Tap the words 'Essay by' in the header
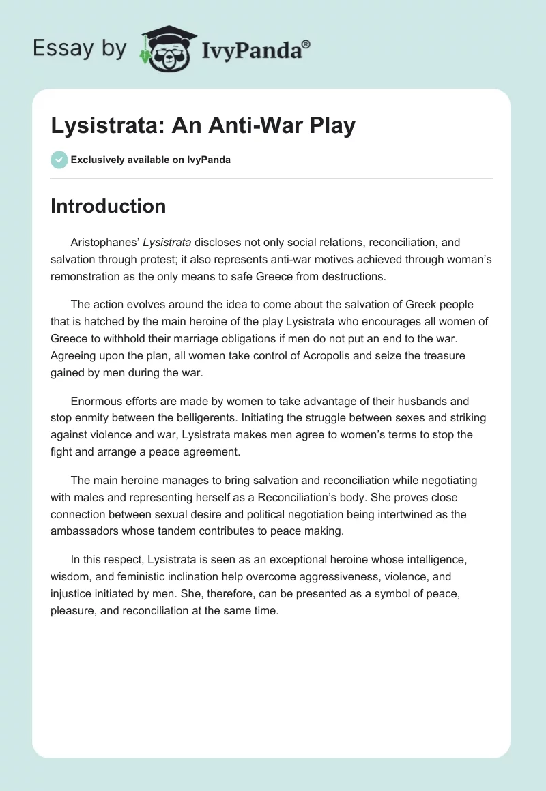[80, 48]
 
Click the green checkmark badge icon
[59, 160]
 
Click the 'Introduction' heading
[108, 206]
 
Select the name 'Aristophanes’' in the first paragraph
[104, 243]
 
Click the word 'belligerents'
[195, 418]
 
